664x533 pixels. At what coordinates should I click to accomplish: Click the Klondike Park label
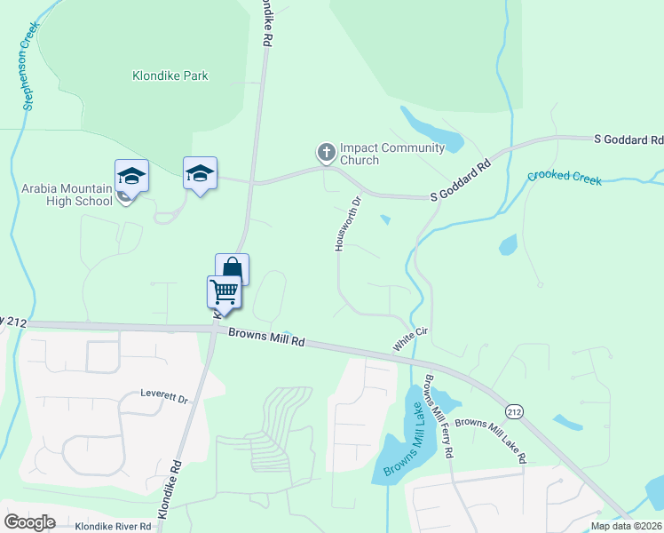[170, 76]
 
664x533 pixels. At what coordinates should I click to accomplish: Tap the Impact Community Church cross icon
[326, 153]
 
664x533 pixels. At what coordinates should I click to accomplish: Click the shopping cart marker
[225, 291]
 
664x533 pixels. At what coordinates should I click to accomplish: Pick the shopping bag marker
[232, 268]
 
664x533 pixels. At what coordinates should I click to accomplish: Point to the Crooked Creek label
[565, 178]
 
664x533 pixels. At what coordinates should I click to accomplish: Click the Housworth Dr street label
[350, 223]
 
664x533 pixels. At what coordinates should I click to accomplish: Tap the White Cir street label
[411, 338]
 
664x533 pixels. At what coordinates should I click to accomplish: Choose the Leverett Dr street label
[165, 397]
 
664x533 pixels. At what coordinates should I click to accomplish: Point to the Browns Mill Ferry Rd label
[440, 416]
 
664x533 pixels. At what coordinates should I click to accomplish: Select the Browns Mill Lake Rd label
[491, 442]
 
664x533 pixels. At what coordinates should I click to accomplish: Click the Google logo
[29, 522]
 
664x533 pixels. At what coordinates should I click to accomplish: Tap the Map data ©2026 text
[626, 526]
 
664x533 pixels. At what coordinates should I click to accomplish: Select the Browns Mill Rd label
[266, 337]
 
